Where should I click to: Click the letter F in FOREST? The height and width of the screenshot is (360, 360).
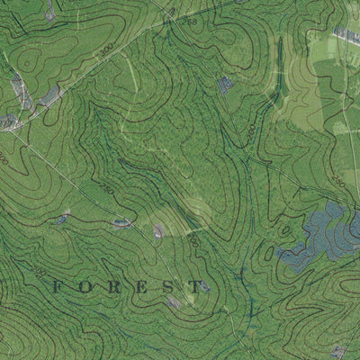[57, 287]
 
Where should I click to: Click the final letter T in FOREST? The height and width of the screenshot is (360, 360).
[196, 287]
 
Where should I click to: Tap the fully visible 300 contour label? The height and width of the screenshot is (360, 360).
[106, 46]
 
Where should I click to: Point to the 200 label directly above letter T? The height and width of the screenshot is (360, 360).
[193, 241]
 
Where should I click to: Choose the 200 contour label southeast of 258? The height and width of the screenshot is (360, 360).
[250, 130]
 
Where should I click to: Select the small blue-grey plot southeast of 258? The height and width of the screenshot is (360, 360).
[225, 85]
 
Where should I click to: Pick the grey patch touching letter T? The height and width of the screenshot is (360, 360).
[204, 287]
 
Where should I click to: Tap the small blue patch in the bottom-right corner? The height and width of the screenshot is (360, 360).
[338, 351]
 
